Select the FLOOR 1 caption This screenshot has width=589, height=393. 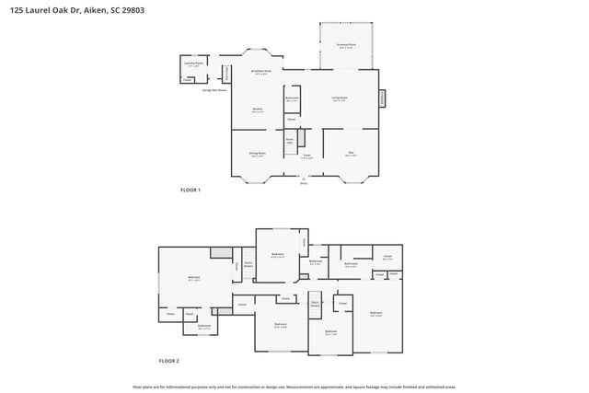191,190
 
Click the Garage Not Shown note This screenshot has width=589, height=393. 215,90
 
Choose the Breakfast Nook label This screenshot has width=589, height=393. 260,72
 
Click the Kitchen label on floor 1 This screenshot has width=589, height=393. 258,110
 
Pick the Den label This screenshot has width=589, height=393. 351,154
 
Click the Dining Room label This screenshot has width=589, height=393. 257,154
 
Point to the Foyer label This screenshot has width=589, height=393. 306,156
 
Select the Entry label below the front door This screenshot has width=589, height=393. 304,183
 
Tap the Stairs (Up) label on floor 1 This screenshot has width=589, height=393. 289,141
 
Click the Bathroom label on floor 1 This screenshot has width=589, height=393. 292,98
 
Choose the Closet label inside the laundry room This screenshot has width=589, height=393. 187,80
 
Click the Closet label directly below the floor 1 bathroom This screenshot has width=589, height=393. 291,119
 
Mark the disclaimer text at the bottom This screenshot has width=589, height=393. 294,387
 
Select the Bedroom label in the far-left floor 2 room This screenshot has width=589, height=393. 194,277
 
